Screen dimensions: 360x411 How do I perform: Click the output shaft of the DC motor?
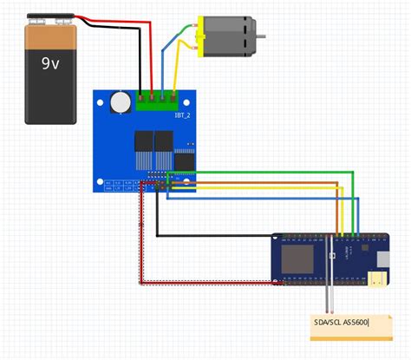pyautogui.click(x=259, y=37)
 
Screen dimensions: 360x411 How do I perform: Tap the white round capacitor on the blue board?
pyautogui.click(x=120, y=102)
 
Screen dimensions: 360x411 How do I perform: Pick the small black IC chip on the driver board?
pyautogui.click(x=185, y=160)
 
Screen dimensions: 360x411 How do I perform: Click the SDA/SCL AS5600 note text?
pyautogui.click(x=342, y=323)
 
